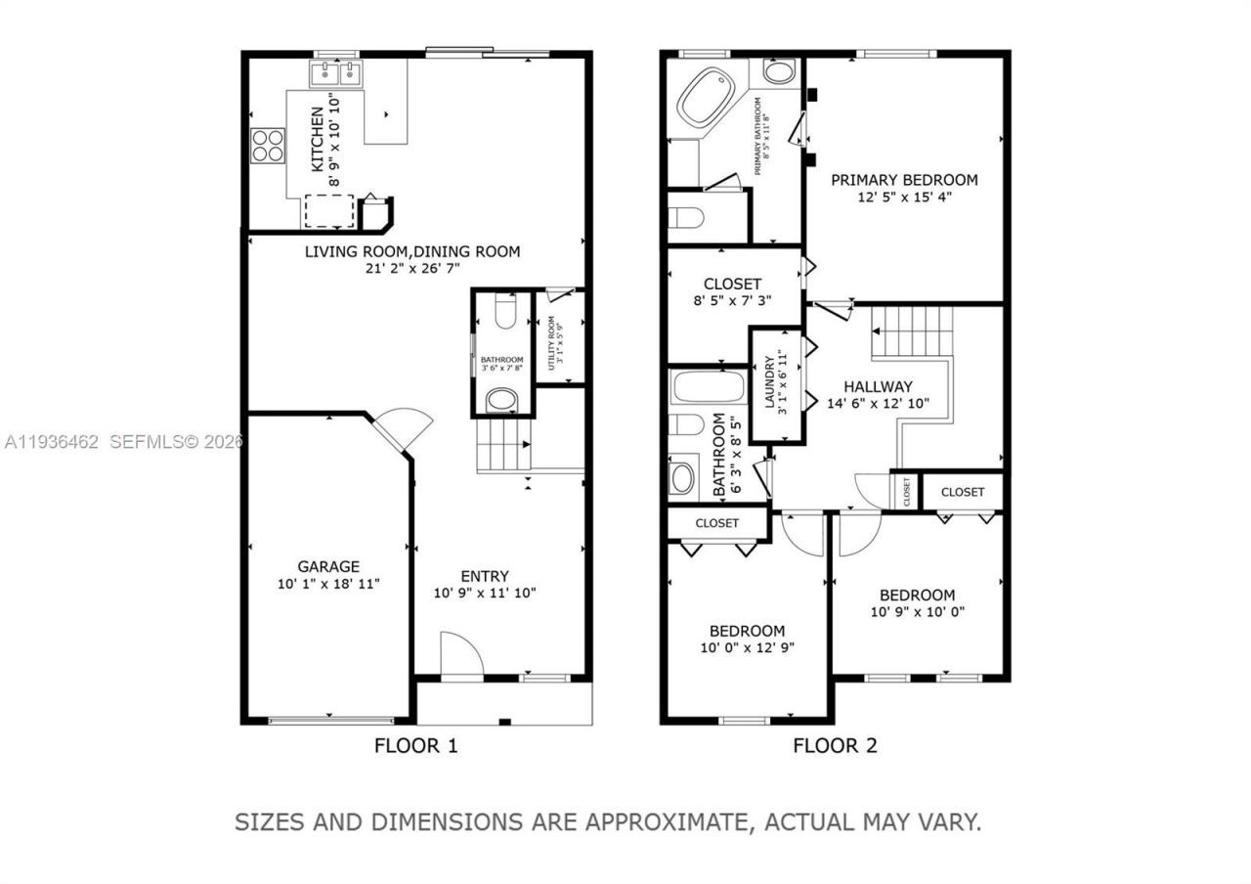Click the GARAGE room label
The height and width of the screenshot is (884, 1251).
[x=328, y=566]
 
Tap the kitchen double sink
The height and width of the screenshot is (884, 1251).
[x=336, y=72]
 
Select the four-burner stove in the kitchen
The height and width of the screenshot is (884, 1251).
[x=268, y=146]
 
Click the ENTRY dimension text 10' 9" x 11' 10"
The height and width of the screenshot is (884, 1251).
[x=485, y=593]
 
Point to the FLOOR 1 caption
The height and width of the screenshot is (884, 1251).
[x=415, y=746]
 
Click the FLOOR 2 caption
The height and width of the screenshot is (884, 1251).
[x=835, y=746]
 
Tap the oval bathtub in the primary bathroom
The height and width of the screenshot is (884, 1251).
[x=707, y=97]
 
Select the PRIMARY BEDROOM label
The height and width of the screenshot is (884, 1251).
[x=904, y=180]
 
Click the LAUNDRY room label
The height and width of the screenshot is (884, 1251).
[x=769, y=384]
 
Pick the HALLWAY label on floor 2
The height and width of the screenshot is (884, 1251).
[x=878, y=386]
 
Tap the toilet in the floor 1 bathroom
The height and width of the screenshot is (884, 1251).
[x=504, y=312]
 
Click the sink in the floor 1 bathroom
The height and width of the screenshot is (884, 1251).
[x=502, y=399]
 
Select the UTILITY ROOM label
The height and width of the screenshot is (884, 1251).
[x=552, y=342]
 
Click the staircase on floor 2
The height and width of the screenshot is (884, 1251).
[x=911, y=332]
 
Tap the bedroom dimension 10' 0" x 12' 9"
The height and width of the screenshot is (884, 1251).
[x=747, y=647]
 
